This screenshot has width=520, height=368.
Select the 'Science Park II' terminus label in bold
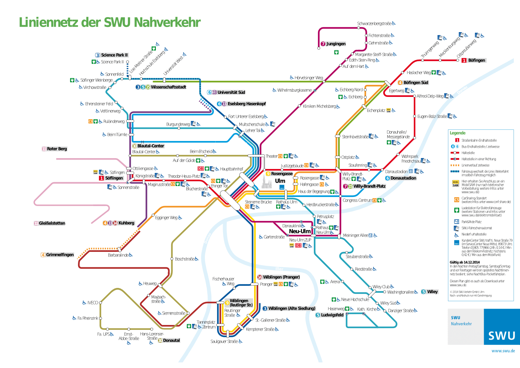click(114, 55)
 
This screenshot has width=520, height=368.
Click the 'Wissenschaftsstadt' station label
click(168, 87)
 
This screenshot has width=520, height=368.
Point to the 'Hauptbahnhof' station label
click(231, 169)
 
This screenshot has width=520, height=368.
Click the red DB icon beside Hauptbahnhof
click(201, 169)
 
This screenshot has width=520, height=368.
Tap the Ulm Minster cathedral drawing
click(267, 182)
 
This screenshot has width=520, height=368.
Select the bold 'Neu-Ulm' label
click(299, 231)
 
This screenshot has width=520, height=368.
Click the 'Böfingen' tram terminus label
click(476, 60)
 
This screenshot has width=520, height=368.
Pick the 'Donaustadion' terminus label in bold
click(403, 178)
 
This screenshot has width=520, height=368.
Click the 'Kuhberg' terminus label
click(126, 223)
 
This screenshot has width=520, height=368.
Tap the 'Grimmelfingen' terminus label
click(60, 255)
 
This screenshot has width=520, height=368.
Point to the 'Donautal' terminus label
click(171, 340)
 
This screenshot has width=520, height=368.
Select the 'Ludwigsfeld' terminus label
click(332, 315)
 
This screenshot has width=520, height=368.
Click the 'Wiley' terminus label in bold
click(432, 292)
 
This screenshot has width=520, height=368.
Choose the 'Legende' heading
click(457, 133)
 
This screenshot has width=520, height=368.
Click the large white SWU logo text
click(501, 336)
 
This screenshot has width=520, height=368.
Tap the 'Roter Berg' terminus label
click(57, 149)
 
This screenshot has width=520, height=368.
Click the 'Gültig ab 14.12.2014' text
click(464, 262)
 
